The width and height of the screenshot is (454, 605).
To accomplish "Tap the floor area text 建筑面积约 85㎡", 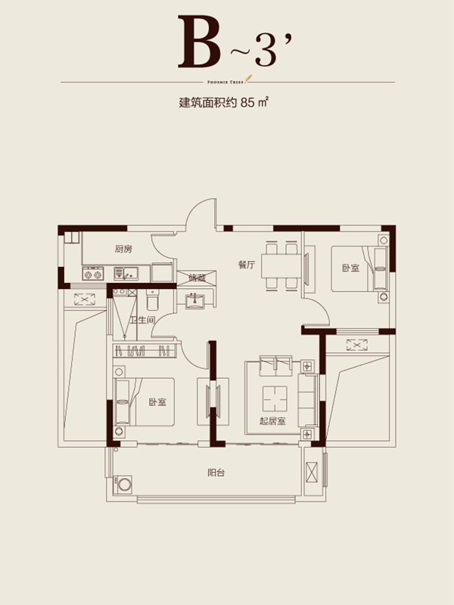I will coord(225,105).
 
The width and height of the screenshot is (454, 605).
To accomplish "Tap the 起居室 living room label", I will coord(272,421).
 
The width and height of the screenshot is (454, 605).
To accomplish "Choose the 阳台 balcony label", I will coord(216,473).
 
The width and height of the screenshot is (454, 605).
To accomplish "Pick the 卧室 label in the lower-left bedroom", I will coord(157,402).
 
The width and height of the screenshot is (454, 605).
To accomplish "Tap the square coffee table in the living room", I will coord(274,396).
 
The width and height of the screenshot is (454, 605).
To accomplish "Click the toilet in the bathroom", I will coord(152,301).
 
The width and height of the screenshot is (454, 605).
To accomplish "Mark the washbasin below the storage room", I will coord(197,299).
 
